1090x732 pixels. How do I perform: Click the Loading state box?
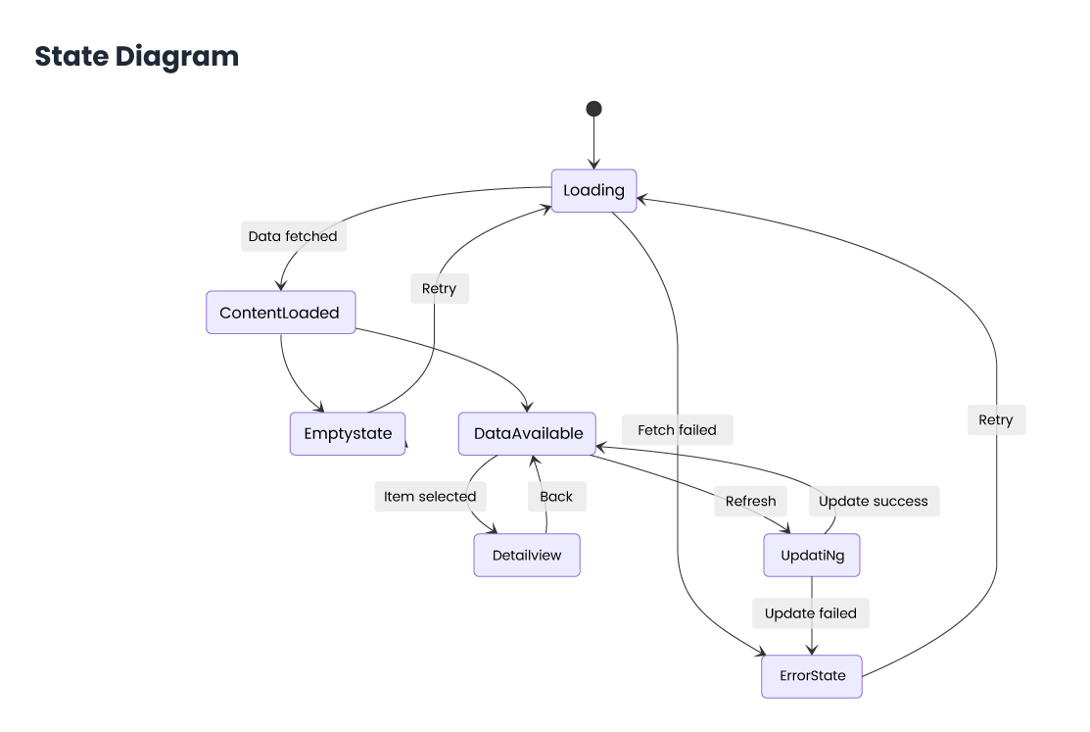pyautogui.click(x=593, y=191)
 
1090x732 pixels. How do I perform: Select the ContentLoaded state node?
pyautogui.click(x=280, y=313)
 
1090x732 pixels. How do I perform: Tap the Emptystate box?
pyautogui.click(x=348, y=433)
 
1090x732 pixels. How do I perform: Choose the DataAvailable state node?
pyautogui.click(x=528, y=433)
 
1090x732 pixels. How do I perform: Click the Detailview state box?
pyautogui.click(x=527, y=555)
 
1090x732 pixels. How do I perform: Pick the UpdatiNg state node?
pyautogui.click(x=812, y=556)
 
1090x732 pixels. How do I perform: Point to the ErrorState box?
pyautogui.click(x=812, y=676)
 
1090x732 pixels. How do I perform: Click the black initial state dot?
pyautogui.click(x=593, y=109)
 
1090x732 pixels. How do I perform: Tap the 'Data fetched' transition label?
pyautogui.click(x=293, y=236)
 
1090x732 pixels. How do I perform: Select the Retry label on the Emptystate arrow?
pyautogui.click(x=439, y=288)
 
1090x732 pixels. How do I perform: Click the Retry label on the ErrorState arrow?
pyautogui.click(x=996, y=420)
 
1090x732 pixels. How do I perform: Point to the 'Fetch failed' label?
pyautogui.click(x=677, y=429)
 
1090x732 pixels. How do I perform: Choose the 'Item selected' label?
pyautogui.click(x=430, y=496)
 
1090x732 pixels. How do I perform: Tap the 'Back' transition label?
pyautogui.click(x=556, y=496)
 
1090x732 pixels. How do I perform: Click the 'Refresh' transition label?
pyautogui.click(x=750, y=501)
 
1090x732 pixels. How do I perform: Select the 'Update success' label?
pyautogui.click(x=874, y=501)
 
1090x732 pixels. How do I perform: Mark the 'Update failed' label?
pyautogui.click(x=811, y=613)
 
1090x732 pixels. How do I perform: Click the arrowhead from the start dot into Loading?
pyautogui.click(x=593, y=165)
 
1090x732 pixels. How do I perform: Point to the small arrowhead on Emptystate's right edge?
pyautogui.click(x=405, y=445)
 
